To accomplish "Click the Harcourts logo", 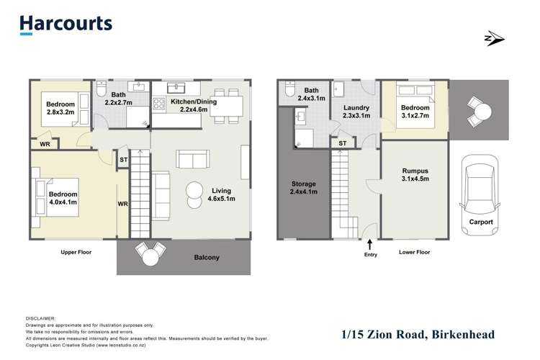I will [x=66, y=24].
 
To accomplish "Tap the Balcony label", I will [x=206, y=257].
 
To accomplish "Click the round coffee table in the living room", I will [x=194, y=191].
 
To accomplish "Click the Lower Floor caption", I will [x=414, y=253].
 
